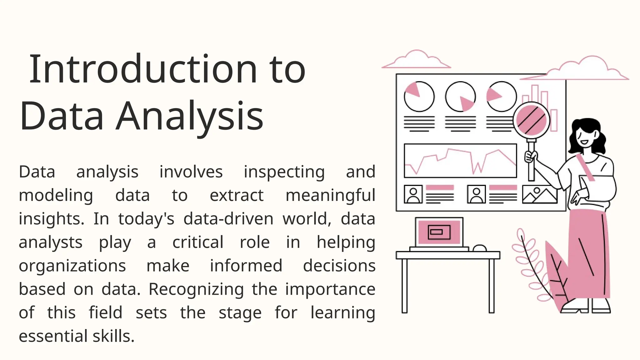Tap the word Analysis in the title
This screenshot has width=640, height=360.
[190, 116]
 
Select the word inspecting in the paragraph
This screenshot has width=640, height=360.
[284, 172]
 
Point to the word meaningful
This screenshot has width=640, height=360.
[330, 196]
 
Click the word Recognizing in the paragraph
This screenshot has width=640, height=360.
[196, 289]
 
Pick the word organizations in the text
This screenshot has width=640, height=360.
[72, 266]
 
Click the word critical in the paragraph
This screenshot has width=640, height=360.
[198, 242]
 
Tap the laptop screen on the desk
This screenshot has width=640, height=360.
[439, 232]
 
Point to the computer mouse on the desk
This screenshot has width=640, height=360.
[480, 248]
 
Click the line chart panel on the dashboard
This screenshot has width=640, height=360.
[460, 161]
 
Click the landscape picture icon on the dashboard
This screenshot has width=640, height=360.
[540, 194]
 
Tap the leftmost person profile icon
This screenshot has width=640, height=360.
[413, 194]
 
